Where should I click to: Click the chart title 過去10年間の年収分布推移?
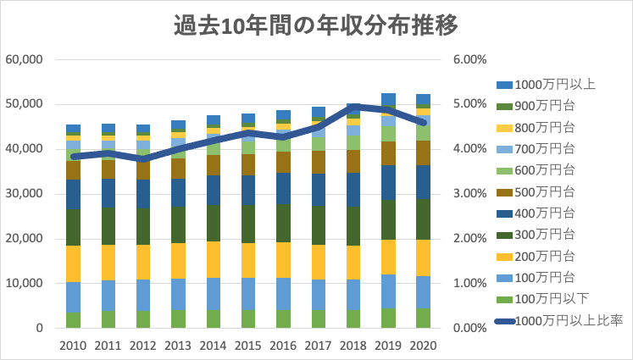coord(316,26)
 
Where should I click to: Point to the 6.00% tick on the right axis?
coord(470,60)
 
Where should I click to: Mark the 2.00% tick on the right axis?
coord(470,239)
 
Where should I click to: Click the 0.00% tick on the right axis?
coord(470,329)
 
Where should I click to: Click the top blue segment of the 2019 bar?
coord(389,97)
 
